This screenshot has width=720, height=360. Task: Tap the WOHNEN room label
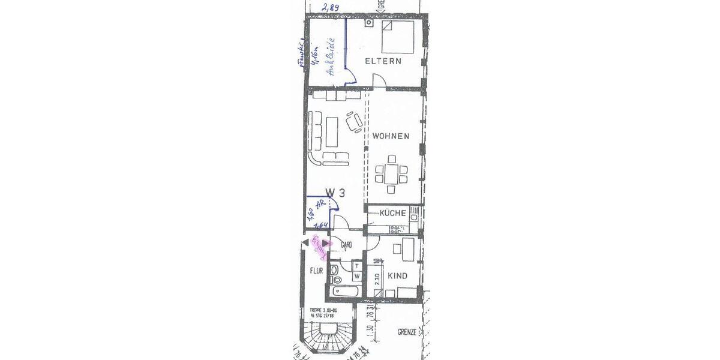coord(391,136)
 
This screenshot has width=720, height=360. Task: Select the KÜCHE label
coord(392,213)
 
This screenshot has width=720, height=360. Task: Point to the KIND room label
coord(397,276)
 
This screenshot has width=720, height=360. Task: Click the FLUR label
coord(316,271)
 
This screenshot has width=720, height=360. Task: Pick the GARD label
coord(346,245)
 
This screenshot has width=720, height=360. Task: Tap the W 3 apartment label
coord(335,193)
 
